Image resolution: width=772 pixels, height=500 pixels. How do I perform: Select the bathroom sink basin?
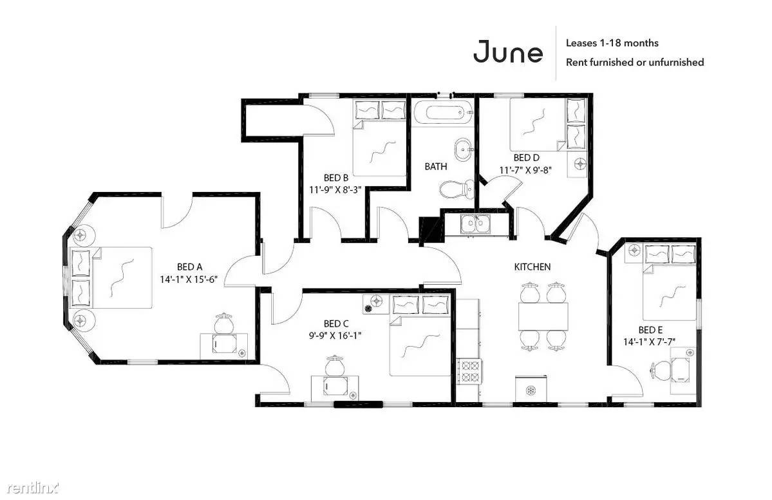[463, 149]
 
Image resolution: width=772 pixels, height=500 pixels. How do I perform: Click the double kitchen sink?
[475, 224]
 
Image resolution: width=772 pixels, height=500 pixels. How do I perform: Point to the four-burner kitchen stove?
[469, 371]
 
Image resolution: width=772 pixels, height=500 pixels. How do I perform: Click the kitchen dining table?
[543, 316]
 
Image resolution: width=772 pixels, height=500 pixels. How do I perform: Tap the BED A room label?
[189, 267]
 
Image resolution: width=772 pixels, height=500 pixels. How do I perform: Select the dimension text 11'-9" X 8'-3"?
[335, 189]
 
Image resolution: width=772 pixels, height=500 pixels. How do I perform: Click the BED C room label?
[336, 323]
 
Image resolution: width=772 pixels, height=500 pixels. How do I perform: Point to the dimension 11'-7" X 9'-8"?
[526, 170]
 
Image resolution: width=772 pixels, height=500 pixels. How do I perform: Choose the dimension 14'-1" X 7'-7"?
[650, 341]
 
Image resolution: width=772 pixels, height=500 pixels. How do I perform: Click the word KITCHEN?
[532, 267]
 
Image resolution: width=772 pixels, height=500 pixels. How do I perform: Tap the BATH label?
[436, 166]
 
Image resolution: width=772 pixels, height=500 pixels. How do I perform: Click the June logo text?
[508, 52]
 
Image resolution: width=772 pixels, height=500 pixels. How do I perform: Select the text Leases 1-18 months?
[612, 43]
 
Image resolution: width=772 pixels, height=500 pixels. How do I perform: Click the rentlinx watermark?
[33, 488]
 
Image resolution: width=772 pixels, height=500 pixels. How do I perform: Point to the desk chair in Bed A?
[225, 323]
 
